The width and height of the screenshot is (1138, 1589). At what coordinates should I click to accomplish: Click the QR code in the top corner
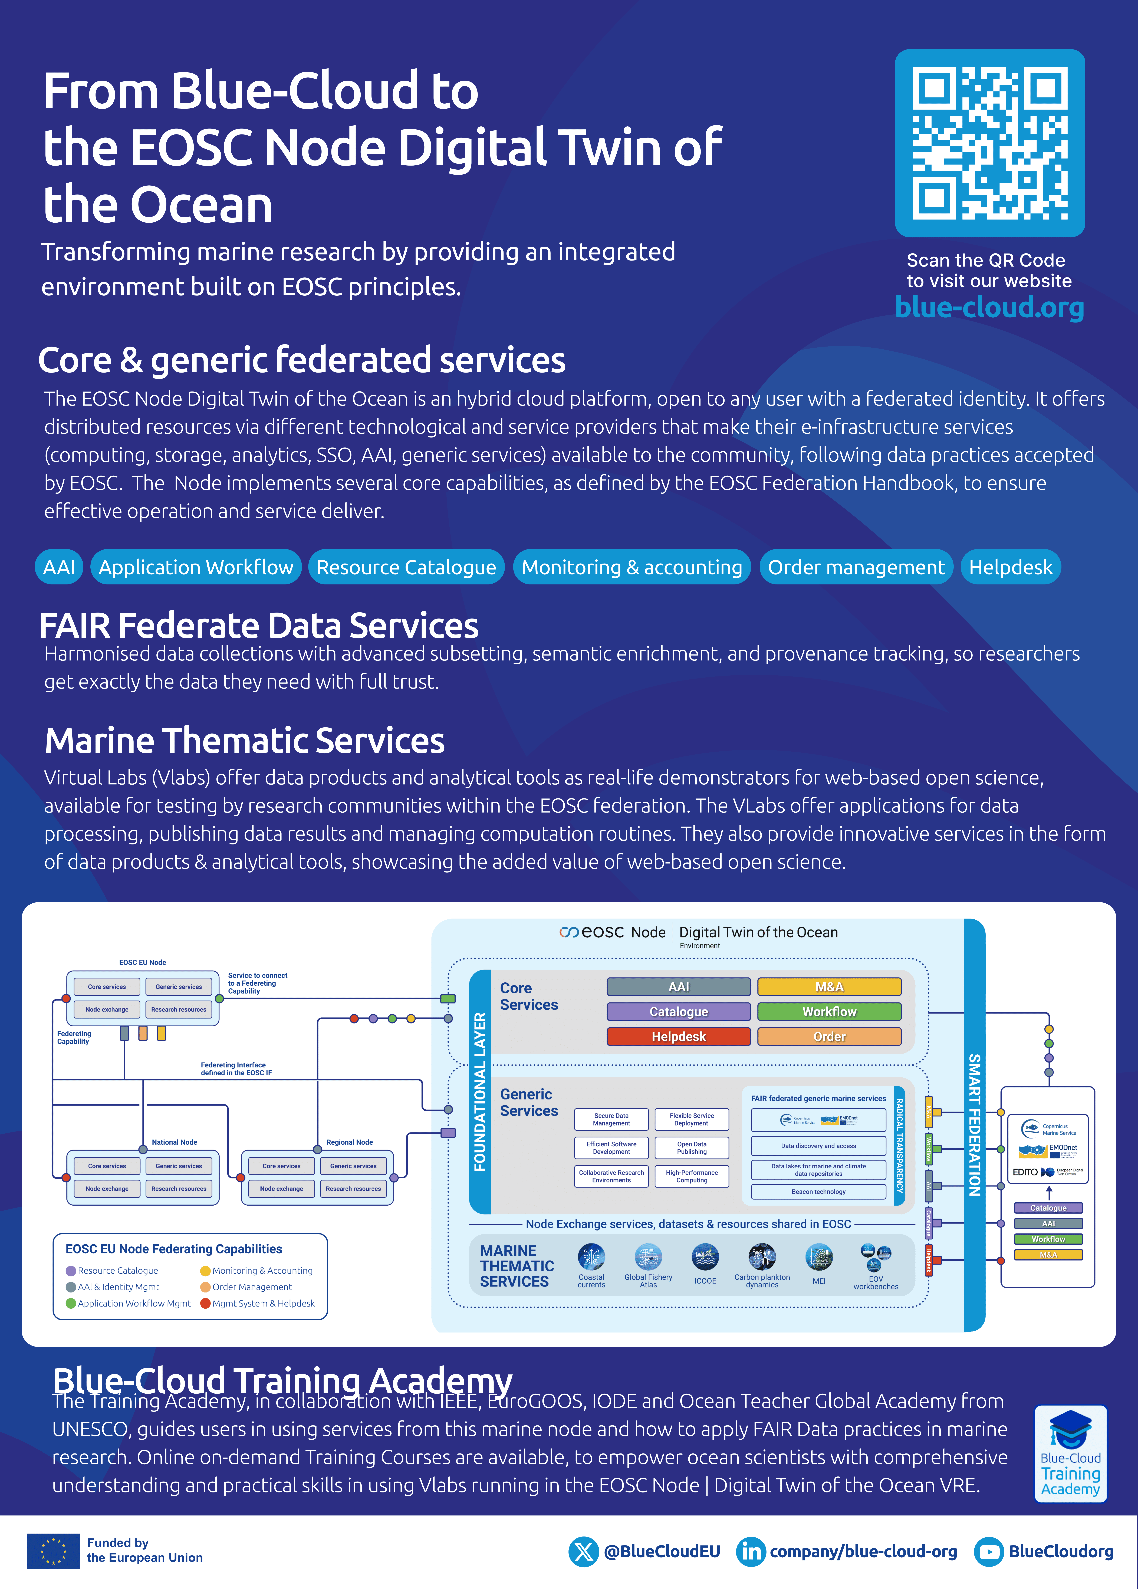(x=989, y=143)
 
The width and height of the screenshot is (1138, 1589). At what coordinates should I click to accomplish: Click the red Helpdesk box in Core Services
(x=678, y=1036)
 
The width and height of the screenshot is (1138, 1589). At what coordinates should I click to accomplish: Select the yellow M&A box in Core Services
(x=829, y=986)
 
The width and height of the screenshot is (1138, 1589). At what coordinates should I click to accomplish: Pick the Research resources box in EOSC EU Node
(x=179, y=1010)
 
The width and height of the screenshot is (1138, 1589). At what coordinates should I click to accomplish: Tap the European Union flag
(x=53, y=1551)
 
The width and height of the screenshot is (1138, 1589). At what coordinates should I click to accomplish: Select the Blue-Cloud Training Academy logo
(x=1070, y=1453)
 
